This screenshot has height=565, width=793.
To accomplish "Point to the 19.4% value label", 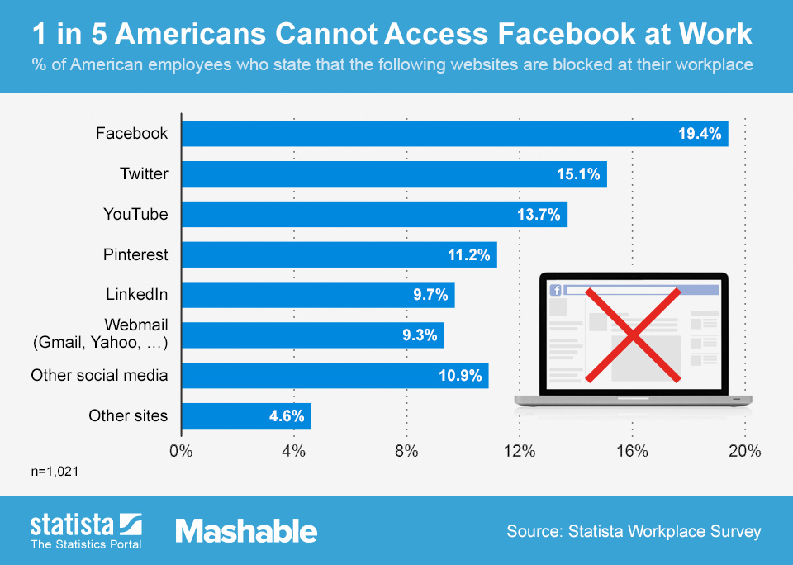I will [x=700, y=134].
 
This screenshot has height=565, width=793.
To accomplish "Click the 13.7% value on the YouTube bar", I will [x=539, y=215].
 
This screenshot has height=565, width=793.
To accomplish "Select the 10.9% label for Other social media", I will [x=460, y=376].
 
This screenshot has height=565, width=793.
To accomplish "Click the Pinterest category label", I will [x=135, y=254].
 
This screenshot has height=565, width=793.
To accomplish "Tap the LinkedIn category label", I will [x=136, y=294].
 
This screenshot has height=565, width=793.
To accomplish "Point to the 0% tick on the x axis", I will [x=181, y=451].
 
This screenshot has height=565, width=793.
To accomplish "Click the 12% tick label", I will [x=519, y=451].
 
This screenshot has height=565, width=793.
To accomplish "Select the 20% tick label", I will [x=744, y=451].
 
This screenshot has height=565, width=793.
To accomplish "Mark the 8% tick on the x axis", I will [x=406, y=451].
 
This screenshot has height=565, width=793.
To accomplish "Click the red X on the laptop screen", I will [x=633, y=335].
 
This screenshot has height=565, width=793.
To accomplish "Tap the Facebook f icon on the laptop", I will [x=556, y=290].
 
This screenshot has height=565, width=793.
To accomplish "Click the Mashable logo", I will [x=246, y=531].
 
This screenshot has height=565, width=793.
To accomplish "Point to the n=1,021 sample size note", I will [x=55, y=471].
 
